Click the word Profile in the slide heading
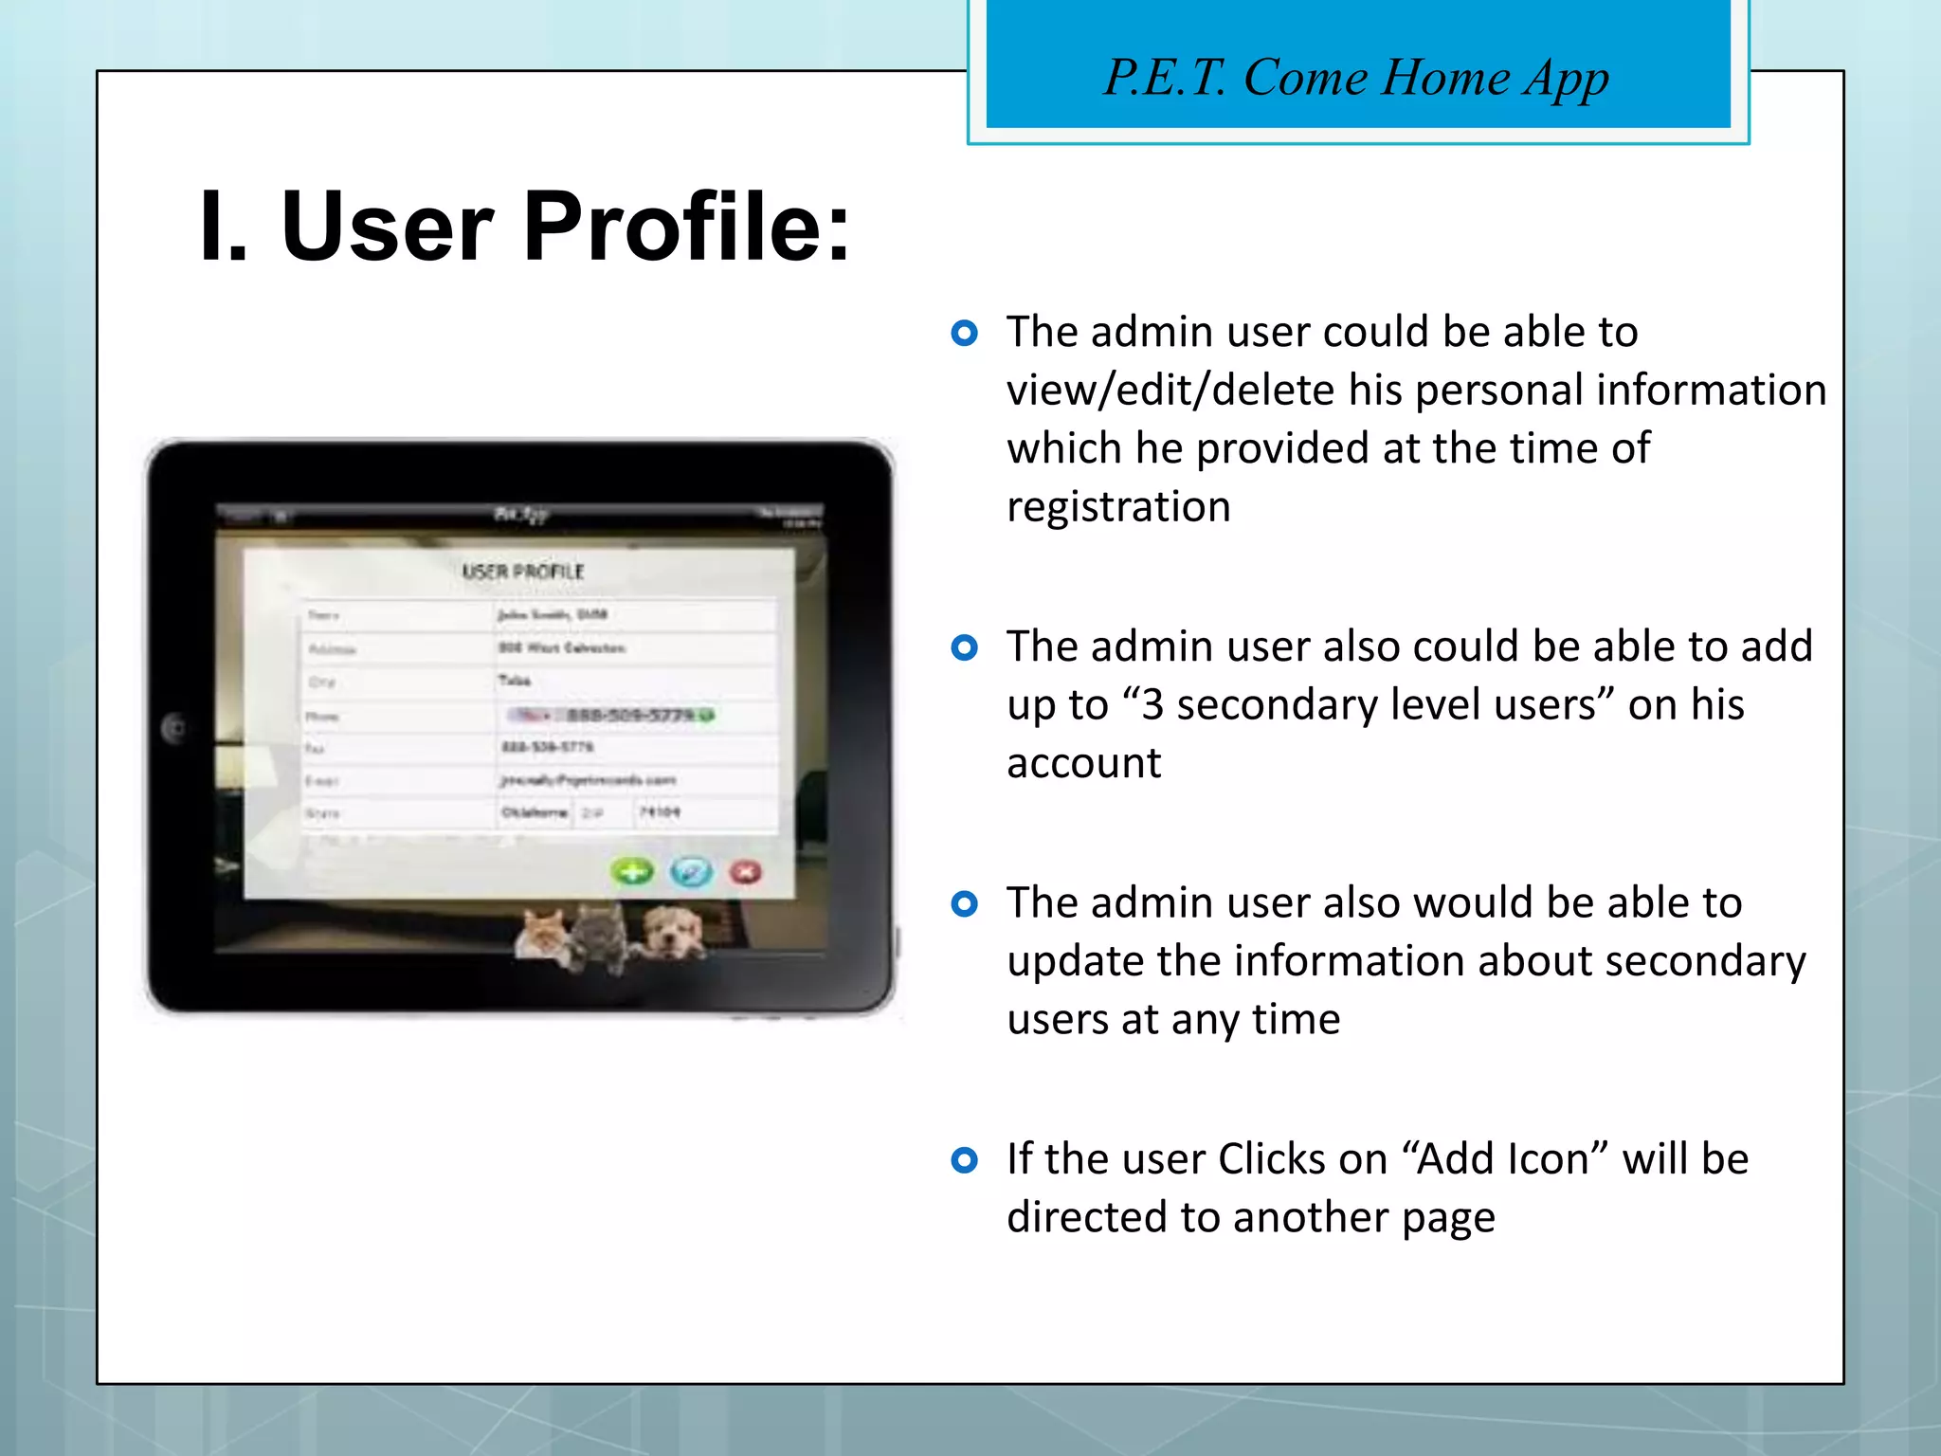pos(686,227)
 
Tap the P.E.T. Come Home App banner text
pos(1356,77)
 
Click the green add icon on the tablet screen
pos(632,871)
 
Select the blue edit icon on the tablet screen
pos(691,871)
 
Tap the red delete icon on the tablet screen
pos(746,871)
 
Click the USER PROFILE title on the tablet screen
pos(522,572)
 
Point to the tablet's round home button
pos(174,728)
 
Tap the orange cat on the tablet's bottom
pos(543,934)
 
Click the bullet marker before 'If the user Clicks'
pos(964,1159)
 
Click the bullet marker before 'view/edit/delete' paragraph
pos(964,333)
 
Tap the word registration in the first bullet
pos(1118,507)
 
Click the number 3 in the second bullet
pos(1152,705)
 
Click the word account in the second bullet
pos(1083,763)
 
